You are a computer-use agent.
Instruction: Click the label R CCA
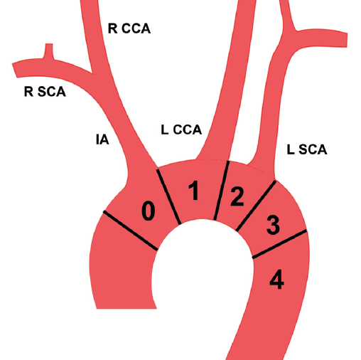point(129,28)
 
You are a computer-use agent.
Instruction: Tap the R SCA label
point(45,92)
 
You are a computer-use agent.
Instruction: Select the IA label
point(102,139)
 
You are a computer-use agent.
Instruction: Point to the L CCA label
point(181,129)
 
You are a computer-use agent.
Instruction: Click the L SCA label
point(307,149)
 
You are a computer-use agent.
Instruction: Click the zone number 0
point(149,211)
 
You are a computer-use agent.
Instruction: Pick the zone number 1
point(194,191)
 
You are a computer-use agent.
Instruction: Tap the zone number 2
point(237,196)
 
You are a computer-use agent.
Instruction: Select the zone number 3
point(273,225)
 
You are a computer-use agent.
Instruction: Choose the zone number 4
point(276,280)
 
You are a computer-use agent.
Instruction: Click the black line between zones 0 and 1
point(168,196)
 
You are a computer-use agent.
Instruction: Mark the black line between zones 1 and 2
point(222,191)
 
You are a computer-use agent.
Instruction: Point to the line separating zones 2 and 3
point(256,206)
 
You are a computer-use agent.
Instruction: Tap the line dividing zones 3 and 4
point(279,244)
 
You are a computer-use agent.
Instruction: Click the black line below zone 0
point(130,231)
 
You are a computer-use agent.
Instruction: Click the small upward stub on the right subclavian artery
point(48,51)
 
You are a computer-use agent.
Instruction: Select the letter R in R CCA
point(112,28)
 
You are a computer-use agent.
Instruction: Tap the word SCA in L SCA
point(313,149)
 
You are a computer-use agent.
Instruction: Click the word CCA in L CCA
point(188,129)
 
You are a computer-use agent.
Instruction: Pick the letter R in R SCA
point(28,92)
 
